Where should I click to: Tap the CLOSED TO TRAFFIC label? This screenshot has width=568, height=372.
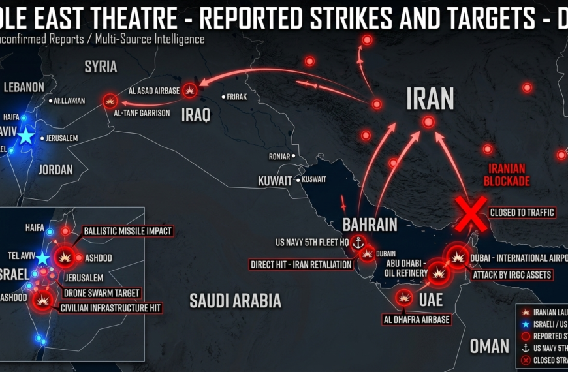click(522, 213)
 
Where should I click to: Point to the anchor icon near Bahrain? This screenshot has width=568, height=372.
click(357, 243)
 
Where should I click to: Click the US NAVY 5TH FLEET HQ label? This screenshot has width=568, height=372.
click(312, 243)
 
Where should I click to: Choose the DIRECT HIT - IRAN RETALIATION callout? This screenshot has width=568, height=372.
click(301, 264)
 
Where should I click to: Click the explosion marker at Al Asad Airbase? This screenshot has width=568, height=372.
click(190, 89)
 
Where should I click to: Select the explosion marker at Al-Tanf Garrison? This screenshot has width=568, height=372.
click(110, 101)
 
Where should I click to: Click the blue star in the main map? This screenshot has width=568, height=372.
click(26, 136)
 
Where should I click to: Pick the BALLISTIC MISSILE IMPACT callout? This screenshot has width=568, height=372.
click(127, 231)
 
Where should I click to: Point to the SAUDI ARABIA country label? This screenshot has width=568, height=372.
click(235, 300)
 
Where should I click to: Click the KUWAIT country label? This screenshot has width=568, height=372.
click(276, 180)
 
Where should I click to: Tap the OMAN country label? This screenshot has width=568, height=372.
click(489, 346)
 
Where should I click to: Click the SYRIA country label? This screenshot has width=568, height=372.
click(101, 67)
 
